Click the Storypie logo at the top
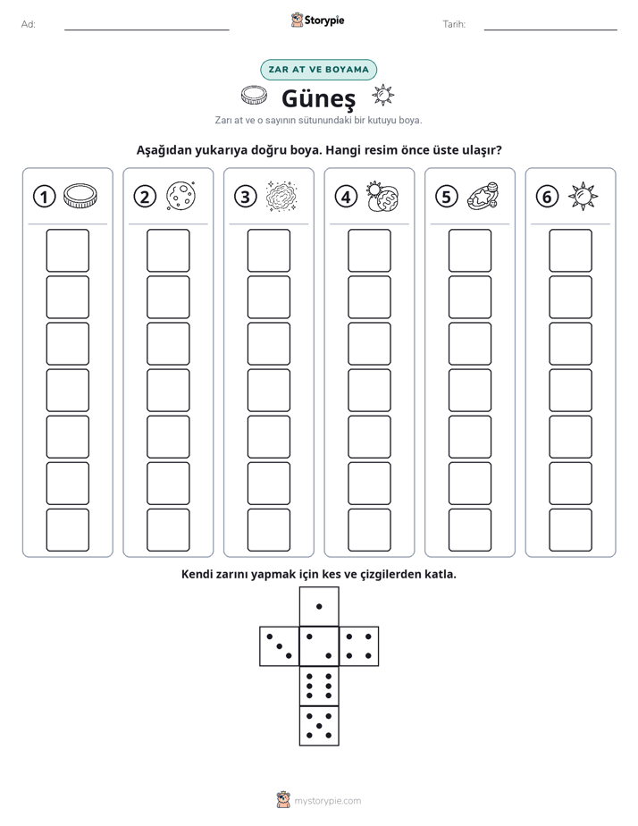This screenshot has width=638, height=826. pyautogui.click(x=317, y=21)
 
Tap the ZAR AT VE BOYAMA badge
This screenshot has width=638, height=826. pyautogui.click(x=318, y=70)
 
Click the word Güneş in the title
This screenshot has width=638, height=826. pyautogui.click(x=318, y=98)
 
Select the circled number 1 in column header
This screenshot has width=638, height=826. pyautogui.click(x=44, y=197)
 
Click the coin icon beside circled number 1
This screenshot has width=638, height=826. pyautogui.click(x=80, y=196)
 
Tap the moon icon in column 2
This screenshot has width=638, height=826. pyautogui.click(x=181, y=196)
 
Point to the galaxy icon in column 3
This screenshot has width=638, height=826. pyautogui.click(x=281, y=197)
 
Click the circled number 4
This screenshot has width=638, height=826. pyautogui.click(x=346, y=197)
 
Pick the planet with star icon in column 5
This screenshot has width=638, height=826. pyautogui.click(x=483, y=196)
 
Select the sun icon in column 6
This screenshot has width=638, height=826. pyautogui.click(x=583, y=197)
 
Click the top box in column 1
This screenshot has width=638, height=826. pyautogui.click(x=67, y=250)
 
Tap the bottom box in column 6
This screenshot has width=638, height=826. pyautogui.click(x=570, y=530)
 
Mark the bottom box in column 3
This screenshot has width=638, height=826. pyautogui.click(x=268, y=530)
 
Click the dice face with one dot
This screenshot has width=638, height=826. pyautogui.click(x=319, y=606)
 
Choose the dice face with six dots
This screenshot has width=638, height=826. pyautogui.click(x=319, y=686)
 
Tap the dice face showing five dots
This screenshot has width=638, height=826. pyautogui.click(x=319, y=726)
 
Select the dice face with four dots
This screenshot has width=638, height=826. pyautogui.click(x=359, y=646)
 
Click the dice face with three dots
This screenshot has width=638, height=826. pyautogui.click(x=280, y=646)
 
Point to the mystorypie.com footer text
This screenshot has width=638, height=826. pyautogui.click(x=327, y=801)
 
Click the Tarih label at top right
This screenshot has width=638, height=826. pyautogui.click(x=454, y=24)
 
